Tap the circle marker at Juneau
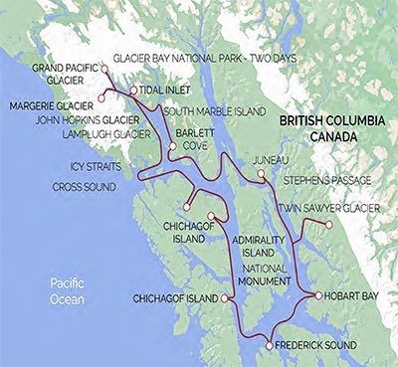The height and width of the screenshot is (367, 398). coord(261,173)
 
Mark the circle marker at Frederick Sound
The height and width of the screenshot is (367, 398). coord(270,345)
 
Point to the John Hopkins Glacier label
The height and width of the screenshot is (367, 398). coord(85,117)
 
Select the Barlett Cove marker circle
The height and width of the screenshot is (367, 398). coord(173,146)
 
